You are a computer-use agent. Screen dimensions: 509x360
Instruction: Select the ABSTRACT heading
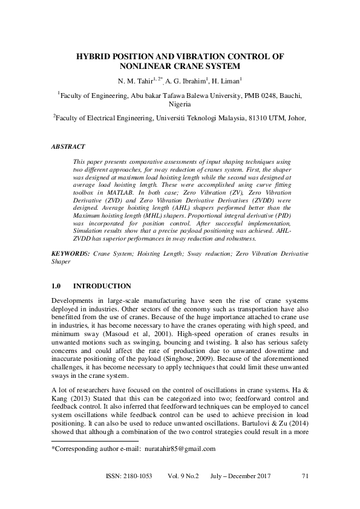pos(68,146)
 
